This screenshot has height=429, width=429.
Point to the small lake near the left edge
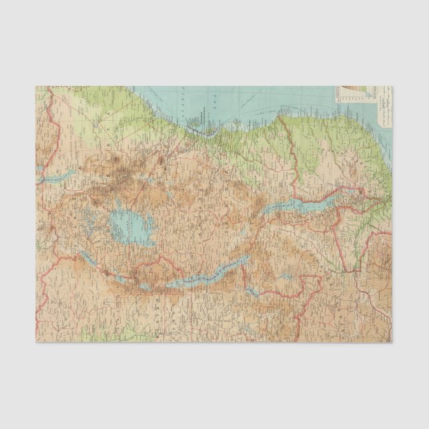point(61,177)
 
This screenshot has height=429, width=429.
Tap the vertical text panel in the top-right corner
point(384,107)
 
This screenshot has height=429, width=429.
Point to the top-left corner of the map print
point(36,86)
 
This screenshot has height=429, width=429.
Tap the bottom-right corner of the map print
point(392,342)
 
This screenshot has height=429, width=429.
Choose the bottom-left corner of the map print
point(36,342)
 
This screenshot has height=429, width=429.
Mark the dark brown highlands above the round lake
point(120,177)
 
